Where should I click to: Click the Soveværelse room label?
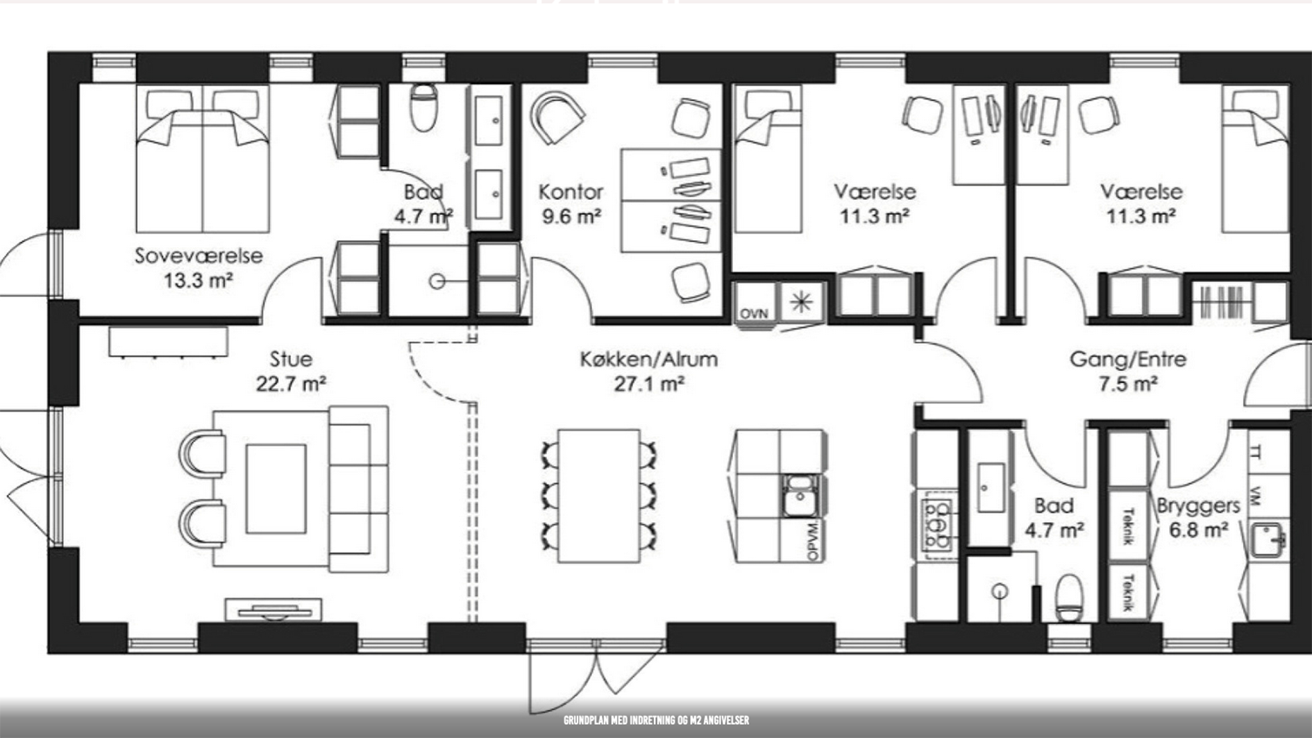click(199, 255)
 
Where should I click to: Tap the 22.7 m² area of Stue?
click(292, 383)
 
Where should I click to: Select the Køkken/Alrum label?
click(649, 360)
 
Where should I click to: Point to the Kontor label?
click(571, 192)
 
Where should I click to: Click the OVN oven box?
click(755, 303)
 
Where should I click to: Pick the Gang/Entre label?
click(1128, 360)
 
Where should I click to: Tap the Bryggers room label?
click(1198, 506)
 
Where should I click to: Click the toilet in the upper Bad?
click(423, 108)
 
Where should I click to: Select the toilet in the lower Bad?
click(1068, 597)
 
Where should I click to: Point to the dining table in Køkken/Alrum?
click(599, 496)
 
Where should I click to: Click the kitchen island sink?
click(800, 496)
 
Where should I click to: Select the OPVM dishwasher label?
click(813, 540)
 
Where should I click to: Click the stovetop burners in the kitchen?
click(937, 525)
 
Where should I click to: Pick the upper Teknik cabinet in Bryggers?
click(1129, 526)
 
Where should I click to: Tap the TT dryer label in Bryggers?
click(1256, 453)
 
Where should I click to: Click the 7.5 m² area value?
click(1128, 384)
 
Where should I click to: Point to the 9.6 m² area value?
click(571, 217)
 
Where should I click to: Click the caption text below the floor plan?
click(656, 721)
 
